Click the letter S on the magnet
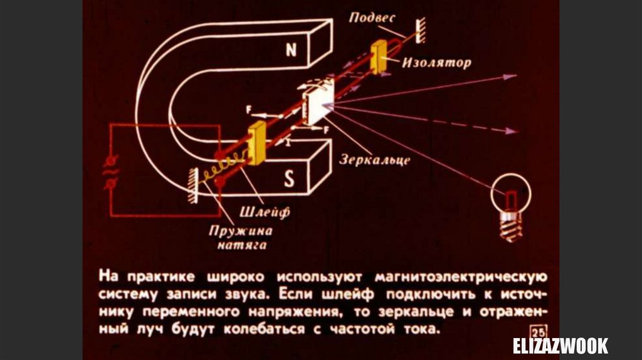click(289, 180)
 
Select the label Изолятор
click(436, 63)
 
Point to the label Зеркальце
click(375, 159)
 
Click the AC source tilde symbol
click(113, 169)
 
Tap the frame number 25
click(537, 331)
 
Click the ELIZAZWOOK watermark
click(560, 346)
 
